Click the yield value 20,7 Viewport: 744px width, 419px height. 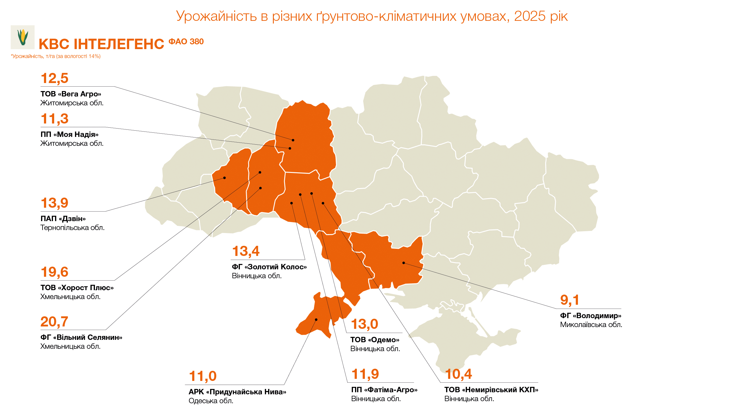pyautogui.click(x=54, y=322)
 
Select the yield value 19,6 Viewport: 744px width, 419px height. pyautogui.click(x=54, y=272)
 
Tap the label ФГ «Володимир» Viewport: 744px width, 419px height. pyautogui.click(x=590, y=315)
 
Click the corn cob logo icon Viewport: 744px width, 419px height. pyautogui.click(x=23, y=37)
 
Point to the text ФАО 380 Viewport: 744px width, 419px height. pyautogui.click(x=186, y=42)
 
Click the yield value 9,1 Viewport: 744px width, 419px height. pyautogui.click(x=569, y=300)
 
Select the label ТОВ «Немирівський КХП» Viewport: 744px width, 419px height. pyautogui.click(x=491, y=390)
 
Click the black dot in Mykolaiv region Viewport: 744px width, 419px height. pyautogui.click(x=404, y=263)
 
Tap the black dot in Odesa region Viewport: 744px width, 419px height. pyautogui.click(x=316, y=320)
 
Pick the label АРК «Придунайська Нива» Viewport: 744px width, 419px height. pyautogui.click(x=237, y=392)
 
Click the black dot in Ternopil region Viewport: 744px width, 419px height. pyautogui.click(x=224, y=178)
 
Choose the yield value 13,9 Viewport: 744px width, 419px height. pyautogui.click(x=54, y=203)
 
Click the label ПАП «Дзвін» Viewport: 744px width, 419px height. pyautogui.click(x=63, y=218)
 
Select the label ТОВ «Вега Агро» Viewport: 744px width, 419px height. pyautogui.click(x=71, y=94)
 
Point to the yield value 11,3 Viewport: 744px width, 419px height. pyautogui.click(x=54, y=119)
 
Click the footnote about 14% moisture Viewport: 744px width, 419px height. pyautogui.click(x=56, y=56)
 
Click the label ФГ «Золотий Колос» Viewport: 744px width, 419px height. pyautogui.click(x=269, y=267)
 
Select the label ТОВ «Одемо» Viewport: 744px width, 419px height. pyautogui.click(x=375, y=340)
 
